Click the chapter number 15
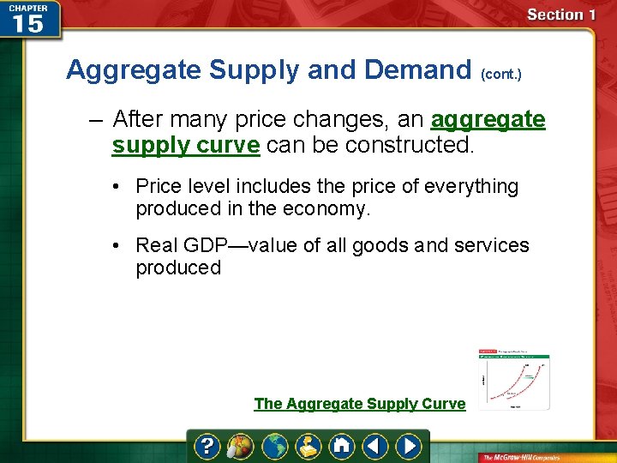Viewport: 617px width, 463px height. pyautogui.click(x=28, y=23)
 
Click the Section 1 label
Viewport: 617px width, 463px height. pyautogui.click(x=561, y=15)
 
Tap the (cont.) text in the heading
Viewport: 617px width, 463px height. pyautogui.click(x=501, y=75)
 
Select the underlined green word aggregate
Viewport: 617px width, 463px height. pyautogui.click(x=488, y=119)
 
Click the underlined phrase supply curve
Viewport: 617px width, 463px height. pyautogui.click(x=185, y=145)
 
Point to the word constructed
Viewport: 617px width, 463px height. pyautogui.click(x=414, y=145)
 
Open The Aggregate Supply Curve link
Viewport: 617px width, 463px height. pyautogui.click(x=360, y=404)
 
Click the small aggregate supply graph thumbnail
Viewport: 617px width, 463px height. pyautogui.click(x=513, y=378)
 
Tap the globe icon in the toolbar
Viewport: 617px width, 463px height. pyautogui.click(x=274, y=447)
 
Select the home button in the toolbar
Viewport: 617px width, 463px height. pyautogui.click(x=342, y=447)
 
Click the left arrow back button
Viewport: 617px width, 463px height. pyautogui.click(x=374, y=447)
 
